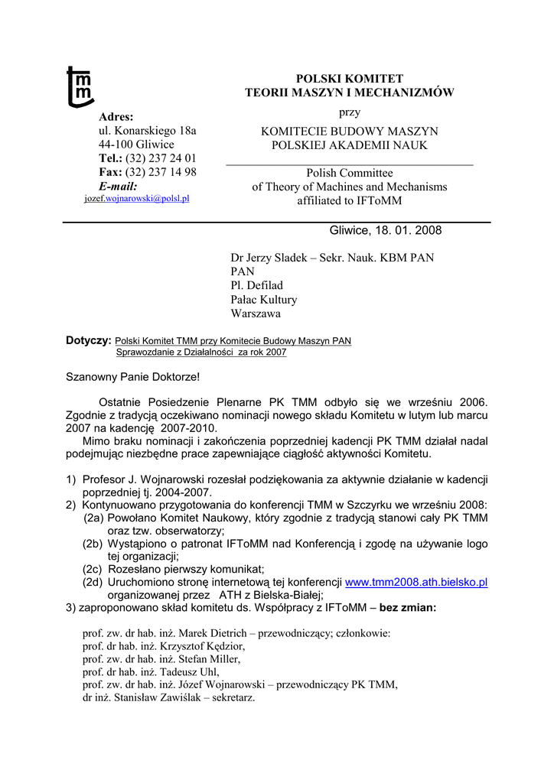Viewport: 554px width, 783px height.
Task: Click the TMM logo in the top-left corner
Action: pos(80,86)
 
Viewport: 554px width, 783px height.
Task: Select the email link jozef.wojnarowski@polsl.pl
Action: pos(136,198)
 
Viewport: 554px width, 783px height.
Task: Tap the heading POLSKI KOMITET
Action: pos(350,79)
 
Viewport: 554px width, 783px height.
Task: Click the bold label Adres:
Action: pos(116,117)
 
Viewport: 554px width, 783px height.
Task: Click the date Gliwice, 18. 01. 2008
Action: pos(386,230)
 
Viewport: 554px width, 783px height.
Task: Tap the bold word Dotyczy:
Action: pos(89,340)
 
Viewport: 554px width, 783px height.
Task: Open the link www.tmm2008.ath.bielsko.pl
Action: pos(416,582)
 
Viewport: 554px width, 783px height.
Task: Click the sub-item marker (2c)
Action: pos(94,569)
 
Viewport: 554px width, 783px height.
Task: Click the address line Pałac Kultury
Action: pos(264,299)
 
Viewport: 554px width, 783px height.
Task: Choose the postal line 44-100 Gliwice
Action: pos(136,145)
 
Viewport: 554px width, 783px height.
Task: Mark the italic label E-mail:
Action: pos(118,186)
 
